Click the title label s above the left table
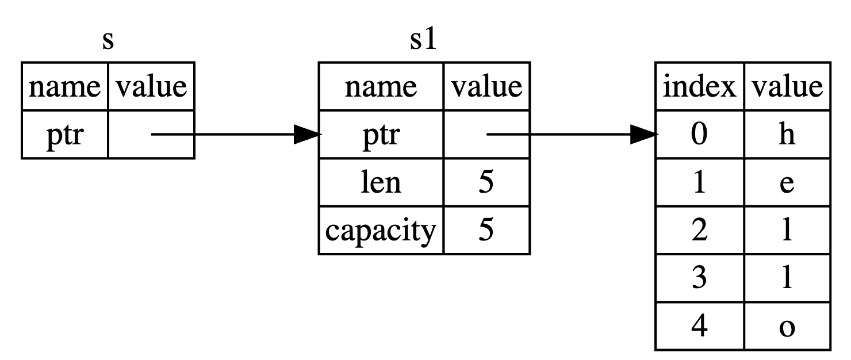[108, 41]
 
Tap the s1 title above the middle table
[423, 40]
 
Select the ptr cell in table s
[65, 135]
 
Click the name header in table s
[65, 87]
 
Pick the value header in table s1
[486, 87]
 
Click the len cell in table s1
[381, 182]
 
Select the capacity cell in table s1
[381, 231]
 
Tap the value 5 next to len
[486, 182]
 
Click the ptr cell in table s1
[381, 135]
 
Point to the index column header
[699, 87]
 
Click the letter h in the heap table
[787, 135]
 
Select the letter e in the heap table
[787, 184]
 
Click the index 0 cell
[699, 135]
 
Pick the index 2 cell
[699, 231]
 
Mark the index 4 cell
[699, 326]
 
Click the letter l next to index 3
[787, 278]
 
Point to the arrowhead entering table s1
[308, 134]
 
